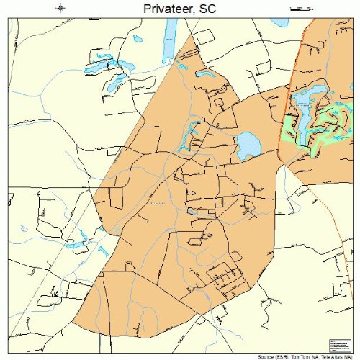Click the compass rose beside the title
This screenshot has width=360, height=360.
coord(61,8)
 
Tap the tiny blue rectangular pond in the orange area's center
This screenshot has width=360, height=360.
coord(192,212)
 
